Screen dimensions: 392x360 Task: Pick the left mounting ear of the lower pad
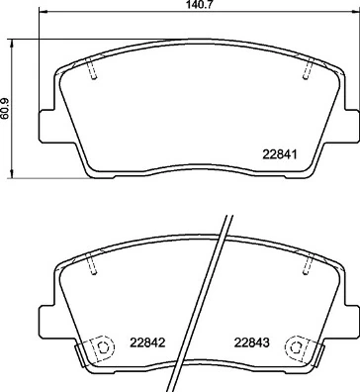(x=45, y=315)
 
